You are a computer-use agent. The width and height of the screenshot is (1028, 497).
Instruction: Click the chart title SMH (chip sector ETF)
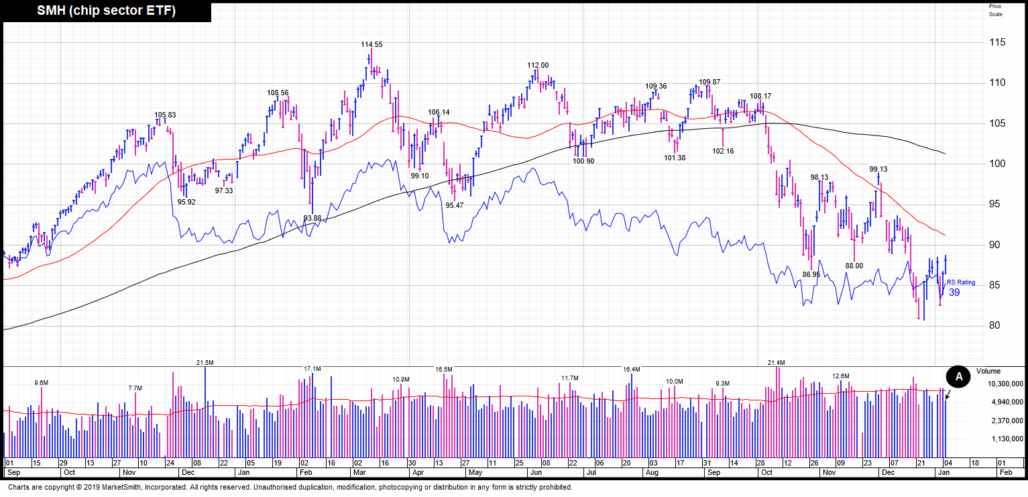click(106, 11)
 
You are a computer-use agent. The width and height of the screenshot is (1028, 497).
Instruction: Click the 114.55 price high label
click(372, 45)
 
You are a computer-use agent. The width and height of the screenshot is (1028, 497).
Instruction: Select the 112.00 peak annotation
click(538, 66)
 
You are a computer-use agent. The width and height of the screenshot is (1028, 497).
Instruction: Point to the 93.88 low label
click(312, 219)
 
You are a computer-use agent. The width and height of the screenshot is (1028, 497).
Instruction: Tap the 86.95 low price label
click(811, 275)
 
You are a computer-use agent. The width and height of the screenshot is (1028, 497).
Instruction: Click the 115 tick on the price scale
click(998, 42)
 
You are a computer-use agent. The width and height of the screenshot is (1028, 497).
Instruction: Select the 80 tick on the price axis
click(996, 326)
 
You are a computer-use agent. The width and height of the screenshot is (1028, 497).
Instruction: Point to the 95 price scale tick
click(996, 205)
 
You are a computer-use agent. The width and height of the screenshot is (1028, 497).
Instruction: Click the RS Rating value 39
click(954, 292)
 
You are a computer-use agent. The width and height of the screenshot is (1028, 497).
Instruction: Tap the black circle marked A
click(959, 377)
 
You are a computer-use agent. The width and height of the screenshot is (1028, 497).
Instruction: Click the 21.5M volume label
click(205, 363)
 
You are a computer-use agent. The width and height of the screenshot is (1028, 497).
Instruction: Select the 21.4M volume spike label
click(776, 363)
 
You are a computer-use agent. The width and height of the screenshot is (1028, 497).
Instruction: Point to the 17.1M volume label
click(312, 369)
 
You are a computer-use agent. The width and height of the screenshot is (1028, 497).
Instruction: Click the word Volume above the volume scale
click(988, 371)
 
